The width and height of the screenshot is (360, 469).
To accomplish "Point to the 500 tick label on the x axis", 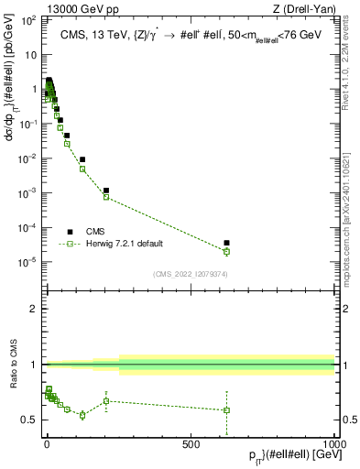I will [191, 443].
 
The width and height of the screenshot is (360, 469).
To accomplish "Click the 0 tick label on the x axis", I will [47, 443].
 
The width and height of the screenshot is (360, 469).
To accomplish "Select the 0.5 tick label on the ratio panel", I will [28, 420].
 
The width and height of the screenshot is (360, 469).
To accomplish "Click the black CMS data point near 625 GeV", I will [226, 243].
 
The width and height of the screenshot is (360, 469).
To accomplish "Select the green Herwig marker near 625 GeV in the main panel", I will [226, 251].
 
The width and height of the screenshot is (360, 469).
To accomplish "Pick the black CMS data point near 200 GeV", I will [106, 191].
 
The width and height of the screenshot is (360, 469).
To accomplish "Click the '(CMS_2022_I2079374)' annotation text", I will [190, 272].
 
